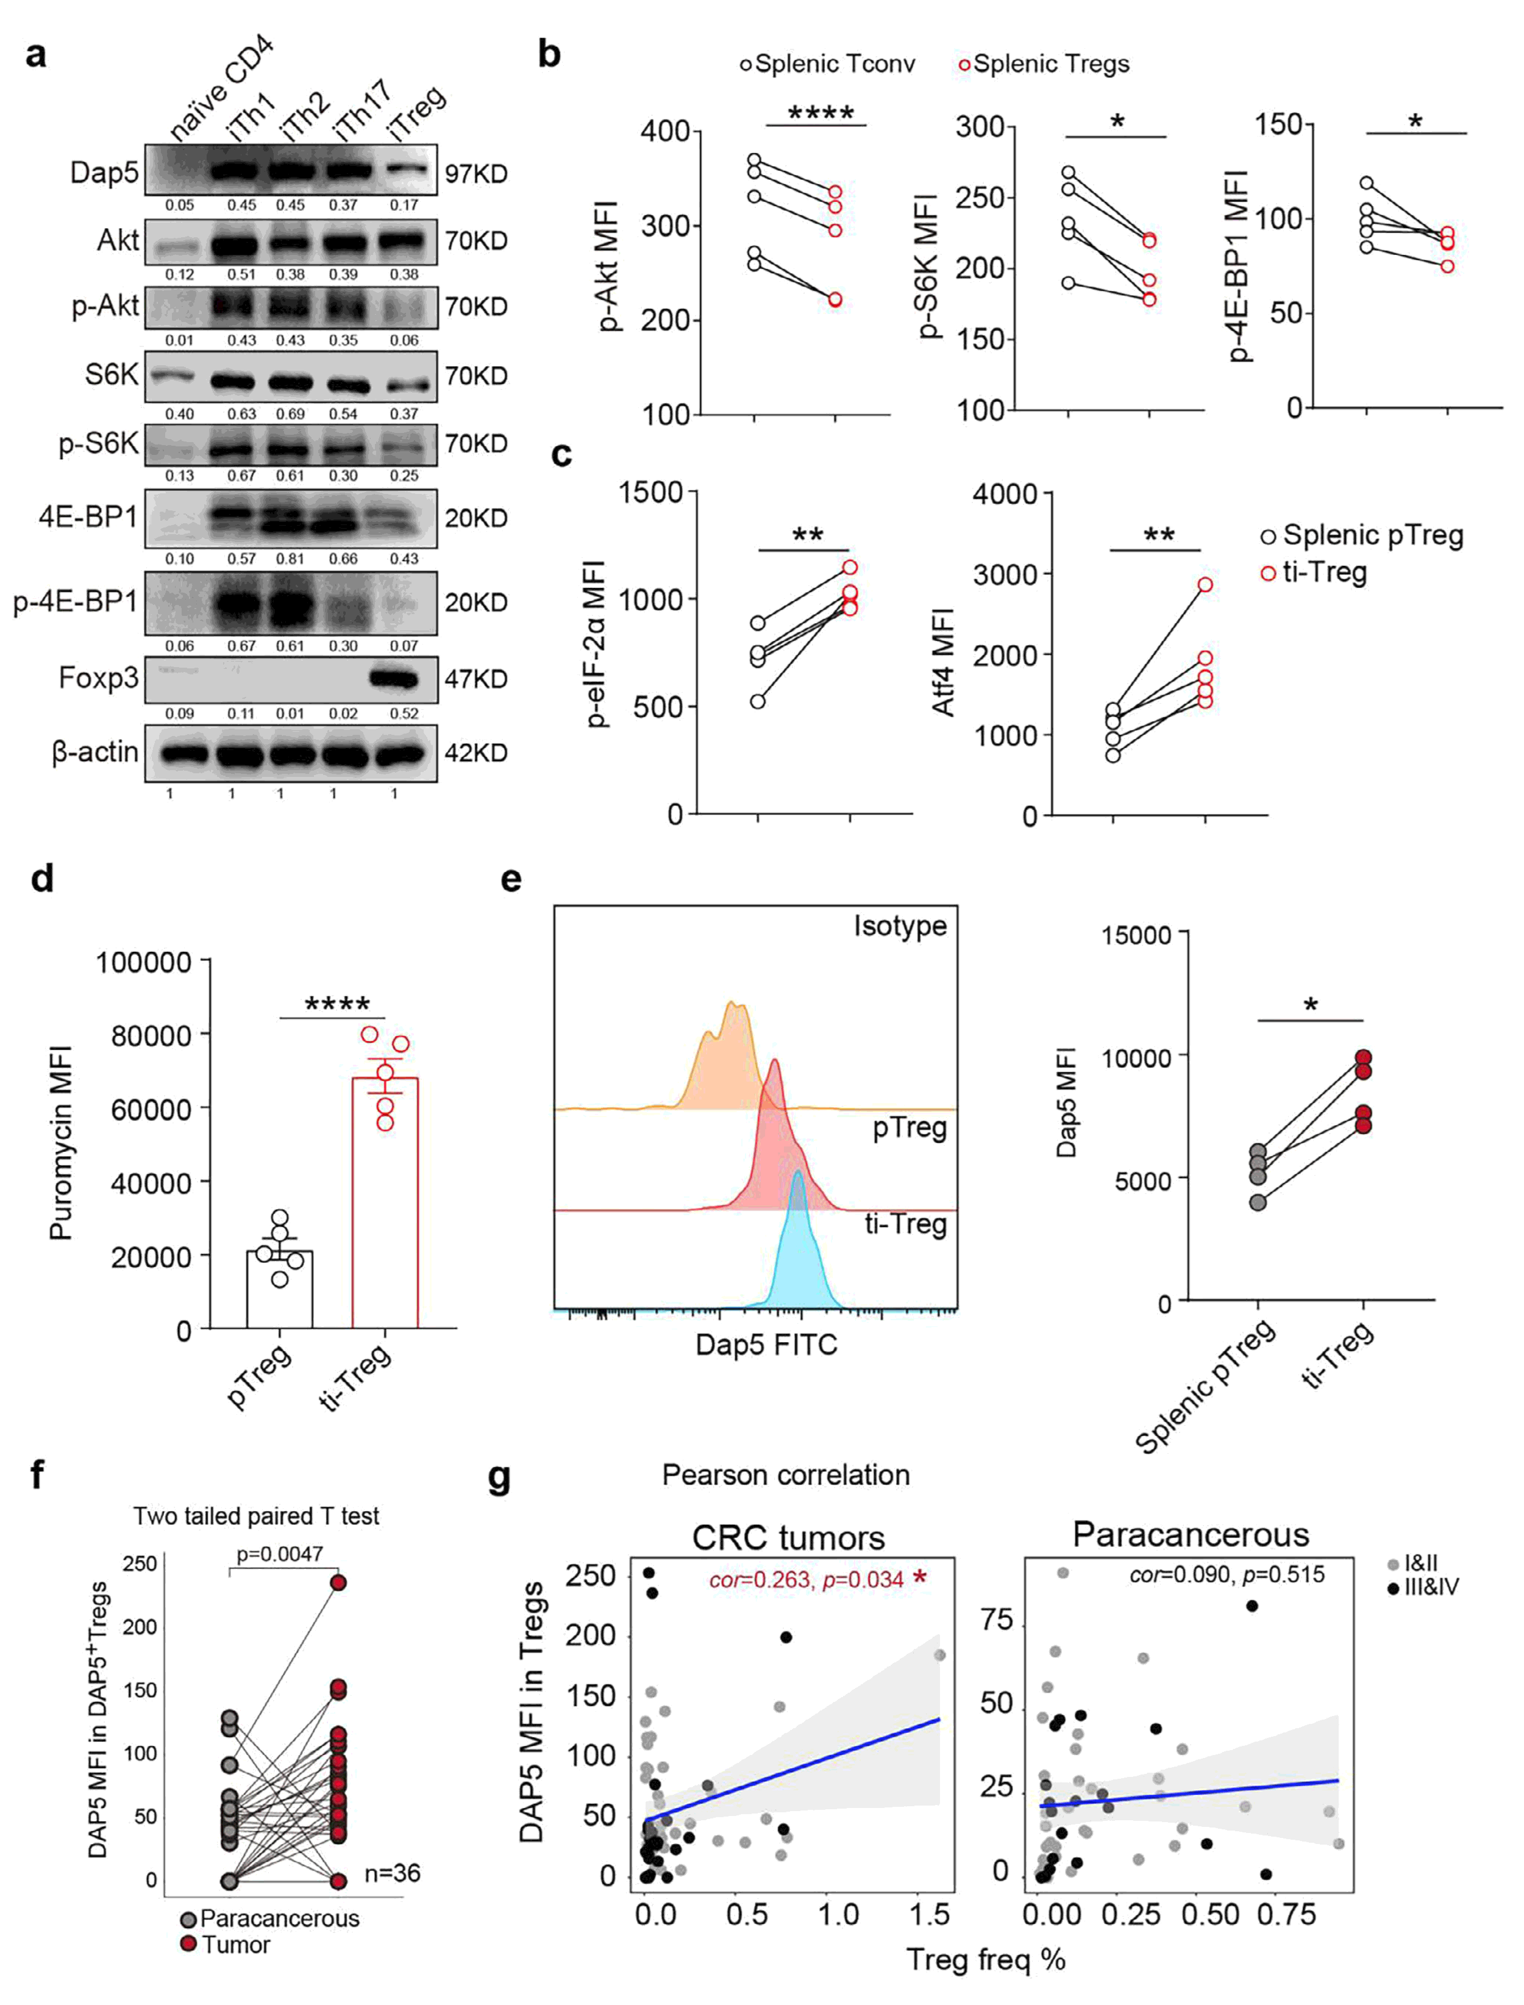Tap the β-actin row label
click(x=95, y=752)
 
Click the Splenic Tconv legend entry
click(x=827, y=65)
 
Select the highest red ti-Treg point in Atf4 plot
click(x=1205, y=584)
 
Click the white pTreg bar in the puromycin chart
click(x=279, y=1293)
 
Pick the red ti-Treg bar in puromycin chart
click(x=385, y=1207)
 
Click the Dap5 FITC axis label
click(x=766, y=1345)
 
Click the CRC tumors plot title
click(x=788, y=1538)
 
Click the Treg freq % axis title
click(x=986, y=1960)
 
